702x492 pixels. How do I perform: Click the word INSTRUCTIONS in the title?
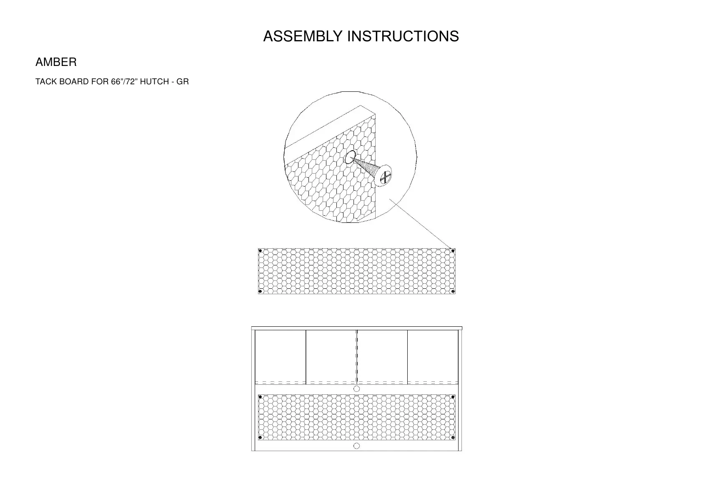tap(403, 37)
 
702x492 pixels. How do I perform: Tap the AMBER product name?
tap(56, 63)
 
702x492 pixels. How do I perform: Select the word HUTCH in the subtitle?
tap(154, 82)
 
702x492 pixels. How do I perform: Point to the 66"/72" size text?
tap(124, 82)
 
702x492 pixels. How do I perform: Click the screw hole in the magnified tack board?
tap(350, 157)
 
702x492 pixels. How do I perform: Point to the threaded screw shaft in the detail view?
tap(367, 167)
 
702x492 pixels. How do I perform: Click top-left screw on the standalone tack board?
tap(261, 251)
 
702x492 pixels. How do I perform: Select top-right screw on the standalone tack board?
tap(453, 251)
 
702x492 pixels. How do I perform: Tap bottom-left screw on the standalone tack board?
tap(261, 291)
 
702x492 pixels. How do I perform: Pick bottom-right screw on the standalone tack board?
tap(453, 291)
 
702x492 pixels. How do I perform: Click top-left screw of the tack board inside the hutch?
tap(261, 397)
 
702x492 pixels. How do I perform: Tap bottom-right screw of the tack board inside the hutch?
tap(453, 438)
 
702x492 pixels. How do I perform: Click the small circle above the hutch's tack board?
tap(356, 389)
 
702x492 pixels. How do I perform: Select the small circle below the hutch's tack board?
tap(356, 446)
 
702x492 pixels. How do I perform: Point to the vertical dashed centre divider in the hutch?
tap(356, 357)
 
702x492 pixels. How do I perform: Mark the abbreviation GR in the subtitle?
tap(183, 82)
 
